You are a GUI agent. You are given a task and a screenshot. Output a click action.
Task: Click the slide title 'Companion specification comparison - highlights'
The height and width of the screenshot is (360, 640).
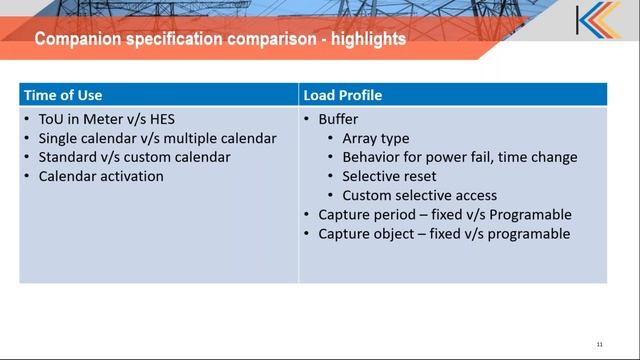pyautogui.click(x=220, y=40)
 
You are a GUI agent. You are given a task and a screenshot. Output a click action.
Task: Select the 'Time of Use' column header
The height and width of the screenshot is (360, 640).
pyautogui.click(x=64, y=96)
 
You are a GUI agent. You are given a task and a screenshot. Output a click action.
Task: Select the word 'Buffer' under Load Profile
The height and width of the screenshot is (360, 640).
pyautogui.click(x=338, y=119)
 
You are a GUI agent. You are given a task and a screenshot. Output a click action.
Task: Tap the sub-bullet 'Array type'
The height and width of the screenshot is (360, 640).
pyautogui.click(x=375, y=138)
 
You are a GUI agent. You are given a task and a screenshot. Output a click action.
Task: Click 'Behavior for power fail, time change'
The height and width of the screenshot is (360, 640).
pyautogui.click(x=459, y=157)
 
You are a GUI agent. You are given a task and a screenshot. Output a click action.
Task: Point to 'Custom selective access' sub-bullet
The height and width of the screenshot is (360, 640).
pyautogui.click(x=419, y=195)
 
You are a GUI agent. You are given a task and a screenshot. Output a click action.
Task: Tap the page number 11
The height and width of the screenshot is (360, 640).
pyautogui.click(x=599, y=344)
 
